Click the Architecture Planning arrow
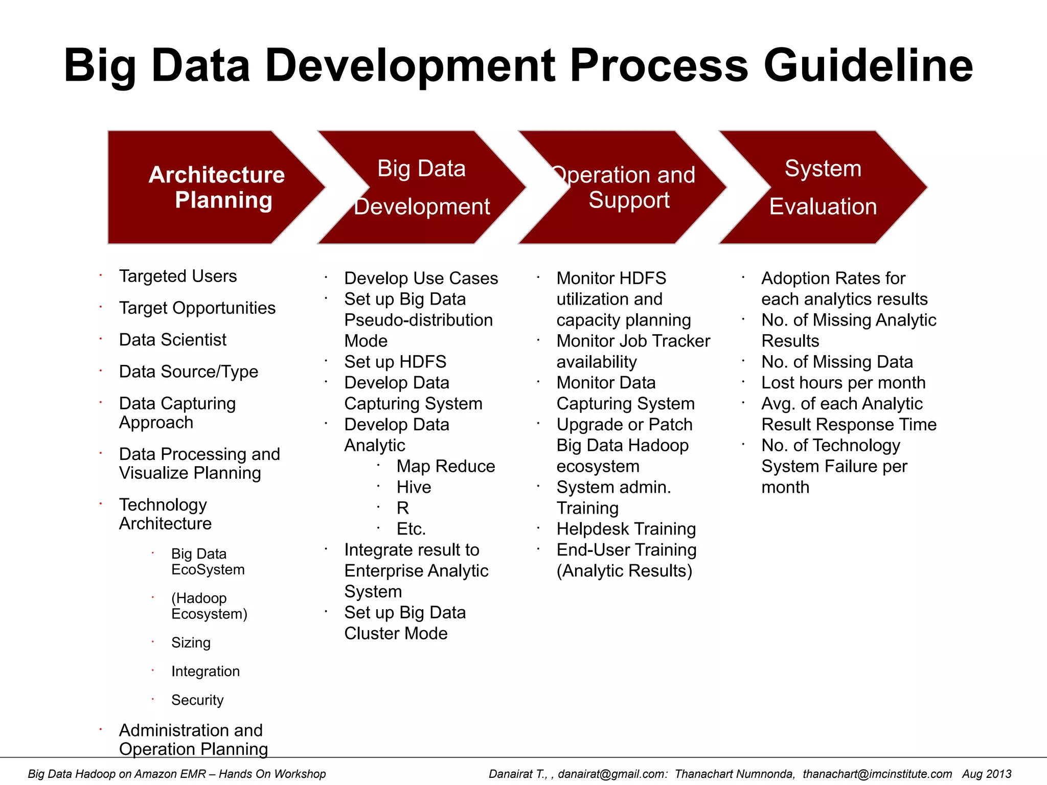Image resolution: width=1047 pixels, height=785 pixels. coord(215,187)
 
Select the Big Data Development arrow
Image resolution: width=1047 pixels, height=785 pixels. coord(421,187)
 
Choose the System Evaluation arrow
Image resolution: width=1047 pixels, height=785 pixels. coord(823,187)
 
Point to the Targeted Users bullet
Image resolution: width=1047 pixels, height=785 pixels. coord(178,276)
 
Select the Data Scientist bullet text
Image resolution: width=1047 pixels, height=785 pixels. coord(172,340)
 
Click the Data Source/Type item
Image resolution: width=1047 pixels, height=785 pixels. coord(188,372)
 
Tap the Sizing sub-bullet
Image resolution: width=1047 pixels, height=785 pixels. coord(191,642)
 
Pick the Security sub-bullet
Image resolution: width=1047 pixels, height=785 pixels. coord(197,700)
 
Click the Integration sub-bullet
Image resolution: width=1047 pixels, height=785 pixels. coord(205,671)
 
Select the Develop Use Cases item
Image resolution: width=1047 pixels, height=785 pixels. coord(421,278)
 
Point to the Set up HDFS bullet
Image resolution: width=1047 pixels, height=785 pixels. coord(395,362)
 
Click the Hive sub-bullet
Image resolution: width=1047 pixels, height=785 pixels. coord(414,487)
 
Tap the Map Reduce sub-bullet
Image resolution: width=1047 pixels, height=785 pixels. coord(445,466)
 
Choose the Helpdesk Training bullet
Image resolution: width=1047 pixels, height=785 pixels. coord(626,529)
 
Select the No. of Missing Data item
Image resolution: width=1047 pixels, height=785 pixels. coord(837,362)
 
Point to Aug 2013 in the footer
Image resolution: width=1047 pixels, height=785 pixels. coord(986,774)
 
